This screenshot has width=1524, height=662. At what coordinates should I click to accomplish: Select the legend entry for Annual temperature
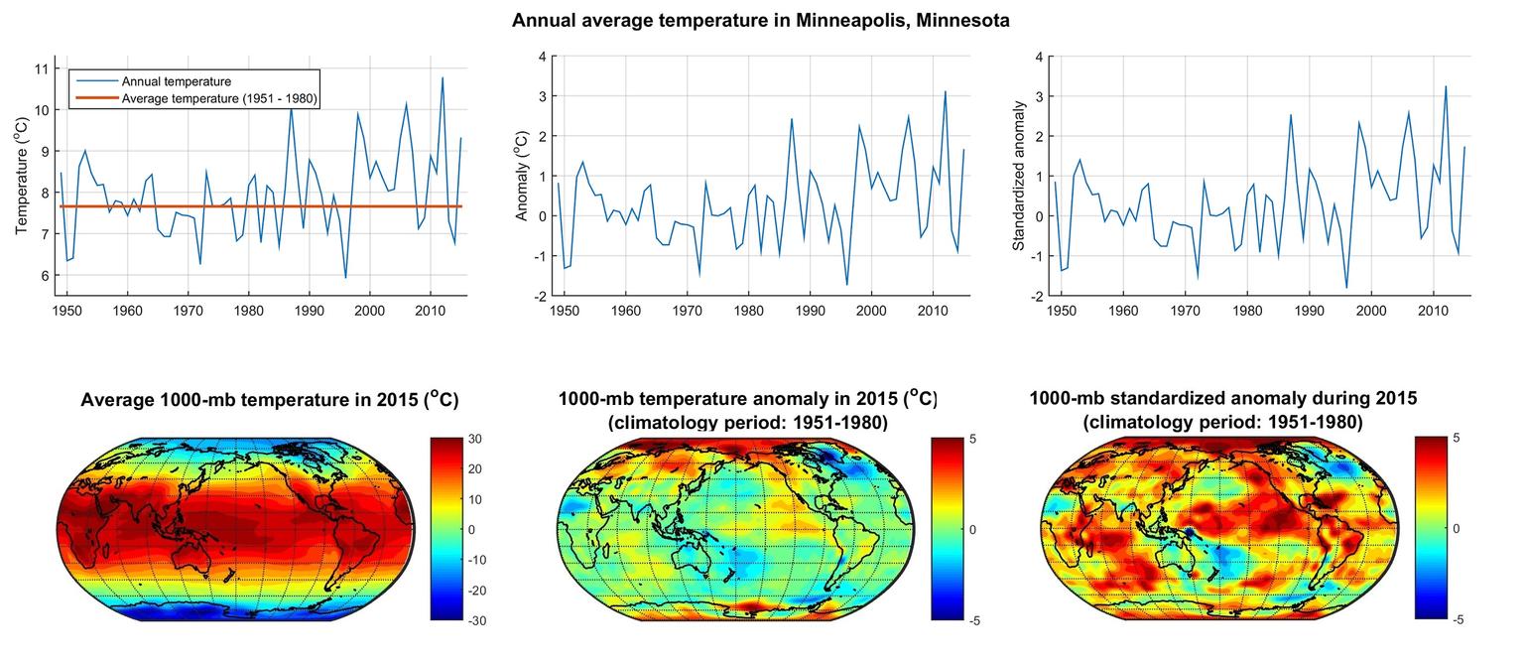tap(176, 81)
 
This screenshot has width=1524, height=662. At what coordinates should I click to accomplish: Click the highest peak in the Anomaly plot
tap(945, 91)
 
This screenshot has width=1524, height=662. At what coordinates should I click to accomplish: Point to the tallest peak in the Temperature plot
tap(443, 77)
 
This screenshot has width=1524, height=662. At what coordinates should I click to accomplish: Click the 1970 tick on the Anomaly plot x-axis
tap(687, 311)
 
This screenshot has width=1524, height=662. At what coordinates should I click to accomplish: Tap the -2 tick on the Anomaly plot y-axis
tap(540, 296)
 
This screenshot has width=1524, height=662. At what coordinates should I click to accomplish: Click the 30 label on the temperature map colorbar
tap(474, 439)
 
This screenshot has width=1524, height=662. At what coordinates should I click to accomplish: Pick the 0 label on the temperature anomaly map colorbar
tap(972, 530)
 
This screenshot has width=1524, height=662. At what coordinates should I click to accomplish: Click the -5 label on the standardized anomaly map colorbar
tap(1459, 620)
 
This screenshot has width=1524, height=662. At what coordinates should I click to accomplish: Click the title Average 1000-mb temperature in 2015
tap(268, 400)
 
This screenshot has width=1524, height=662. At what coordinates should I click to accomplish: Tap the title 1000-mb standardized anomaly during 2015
tap(1222, 398)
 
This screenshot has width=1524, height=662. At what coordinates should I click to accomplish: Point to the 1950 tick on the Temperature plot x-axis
tap(66, 311)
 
